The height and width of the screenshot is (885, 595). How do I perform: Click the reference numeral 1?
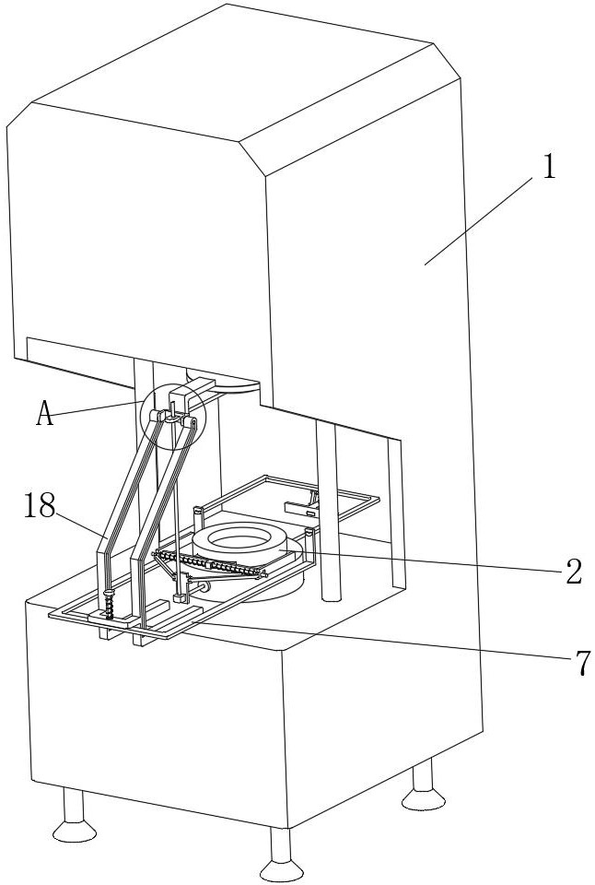tap(548, 168)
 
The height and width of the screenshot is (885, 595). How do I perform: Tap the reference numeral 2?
tap(573, 572)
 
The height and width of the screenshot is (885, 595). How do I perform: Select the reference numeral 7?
tap(582, 662)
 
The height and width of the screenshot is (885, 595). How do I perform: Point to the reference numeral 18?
tap(40, 506)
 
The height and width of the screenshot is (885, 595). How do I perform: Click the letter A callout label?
tap(44, 414)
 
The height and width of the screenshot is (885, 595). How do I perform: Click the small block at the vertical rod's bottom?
tap(181, 596)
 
